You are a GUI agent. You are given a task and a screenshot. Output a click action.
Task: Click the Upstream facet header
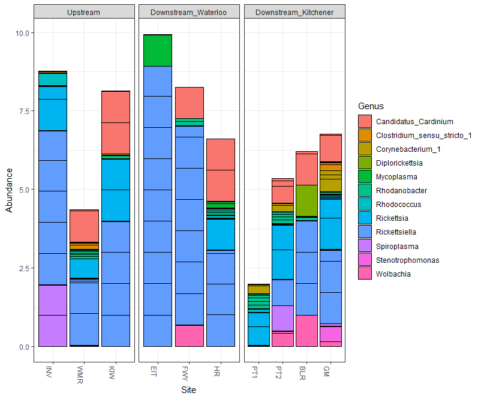[84, 12]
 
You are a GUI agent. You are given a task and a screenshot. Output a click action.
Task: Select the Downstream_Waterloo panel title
[189, 12]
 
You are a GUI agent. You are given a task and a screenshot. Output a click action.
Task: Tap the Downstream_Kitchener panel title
[294, 12]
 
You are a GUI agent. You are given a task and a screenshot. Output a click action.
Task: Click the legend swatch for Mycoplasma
[365, 177]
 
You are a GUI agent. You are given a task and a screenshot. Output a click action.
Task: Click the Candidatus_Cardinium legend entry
[414, 122]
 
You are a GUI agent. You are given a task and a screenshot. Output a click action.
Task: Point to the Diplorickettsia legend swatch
[365, 163]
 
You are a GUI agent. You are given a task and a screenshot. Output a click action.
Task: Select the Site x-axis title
[189, 390]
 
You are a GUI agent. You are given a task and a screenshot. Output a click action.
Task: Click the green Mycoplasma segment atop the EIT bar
[158, 50]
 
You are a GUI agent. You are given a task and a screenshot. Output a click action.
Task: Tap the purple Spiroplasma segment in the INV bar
[52, 315]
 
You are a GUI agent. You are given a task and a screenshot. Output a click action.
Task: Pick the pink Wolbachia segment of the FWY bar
[189, 336]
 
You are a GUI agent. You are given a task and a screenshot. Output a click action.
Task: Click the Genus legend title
[371, 106]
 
